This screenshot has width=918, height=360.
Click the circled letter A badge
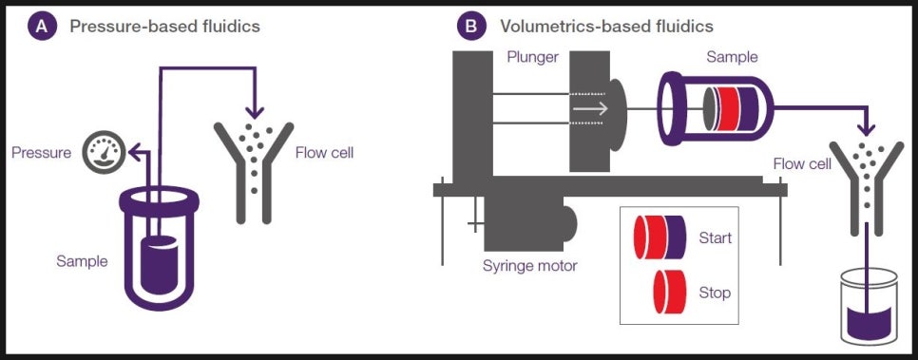click(x=42, y=27)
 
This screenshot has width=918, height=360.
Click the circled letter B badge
click(x=471, y=27)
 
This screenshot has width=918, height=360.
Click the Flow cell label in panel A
click(x=324, y=152)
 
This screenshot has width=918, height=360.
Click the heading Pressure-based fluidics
click(x=164, y=27)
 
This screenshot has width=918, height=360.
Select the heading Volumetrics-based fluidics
click(x=606, y=27)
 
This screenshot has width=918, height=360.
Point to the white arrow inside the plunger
click(x=589, y=109)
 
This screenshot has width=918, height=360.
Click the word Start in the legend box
click(x=715, y=237)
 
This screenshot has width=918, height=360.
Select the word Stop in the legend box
click(x=715, y=292)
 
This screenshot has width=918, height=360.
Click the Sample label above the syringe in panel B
click(x=732, y=58)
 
